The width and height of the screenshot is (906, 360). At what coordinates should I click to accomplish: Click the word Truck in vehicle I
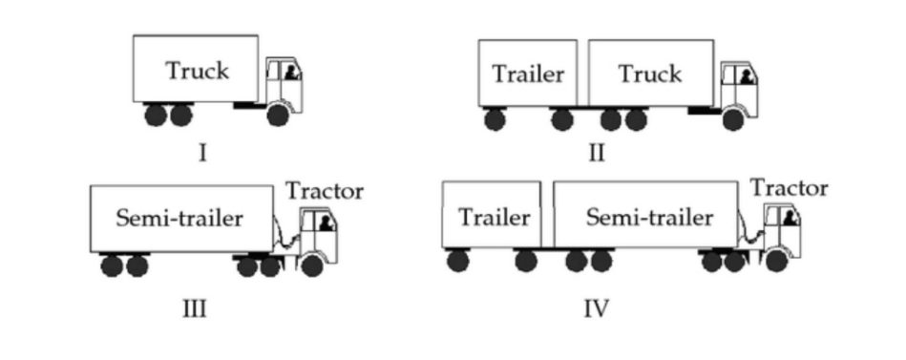point(197,70)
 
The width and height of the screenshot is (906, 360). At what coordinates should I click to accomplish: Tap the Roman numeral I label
point(202,152)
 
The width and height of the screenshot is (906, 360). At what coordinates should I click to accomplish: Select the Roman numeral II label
point(596,152)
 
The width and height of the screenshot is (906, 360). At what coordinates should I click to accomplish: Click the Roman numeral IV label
point(596,308)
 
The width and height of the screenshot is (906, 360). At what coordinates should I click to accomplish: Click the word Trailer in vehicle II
point(528,74)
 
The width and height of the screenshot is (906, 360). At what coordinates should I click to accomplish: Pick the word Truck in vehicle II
point(649,74)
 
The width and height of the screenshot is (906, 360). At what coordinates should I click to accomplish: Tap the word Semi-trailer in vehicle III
point(179,218)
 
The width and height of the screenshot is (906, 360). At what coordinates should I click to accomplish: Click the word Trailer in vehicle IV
point(494,218)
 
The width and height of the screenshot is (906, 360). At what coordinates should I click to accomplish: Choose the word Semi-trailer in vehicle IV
point(649,218)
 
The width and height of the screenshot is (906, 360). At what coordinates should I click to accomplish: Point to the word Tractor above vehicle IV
point(789,188)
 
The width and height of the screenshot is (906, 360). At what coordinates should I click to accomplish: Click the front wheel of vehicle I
point(278,116)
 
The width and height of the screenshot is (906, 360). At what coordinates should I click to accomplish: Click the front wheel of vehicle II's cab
point(733,119)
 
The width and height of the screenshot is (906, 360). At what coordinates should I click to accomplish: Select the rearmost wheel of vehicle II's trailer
point(495,119)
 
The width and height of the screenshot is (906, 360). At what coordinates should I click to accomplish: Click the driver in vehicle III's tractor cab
point(327,223)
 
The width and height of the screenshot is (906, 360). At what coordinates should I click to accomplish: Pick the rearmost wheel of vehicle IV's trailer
point(458,260)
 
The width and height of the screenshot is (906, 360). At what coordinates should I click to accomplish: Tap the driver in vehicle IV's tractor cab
point(790,218)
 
